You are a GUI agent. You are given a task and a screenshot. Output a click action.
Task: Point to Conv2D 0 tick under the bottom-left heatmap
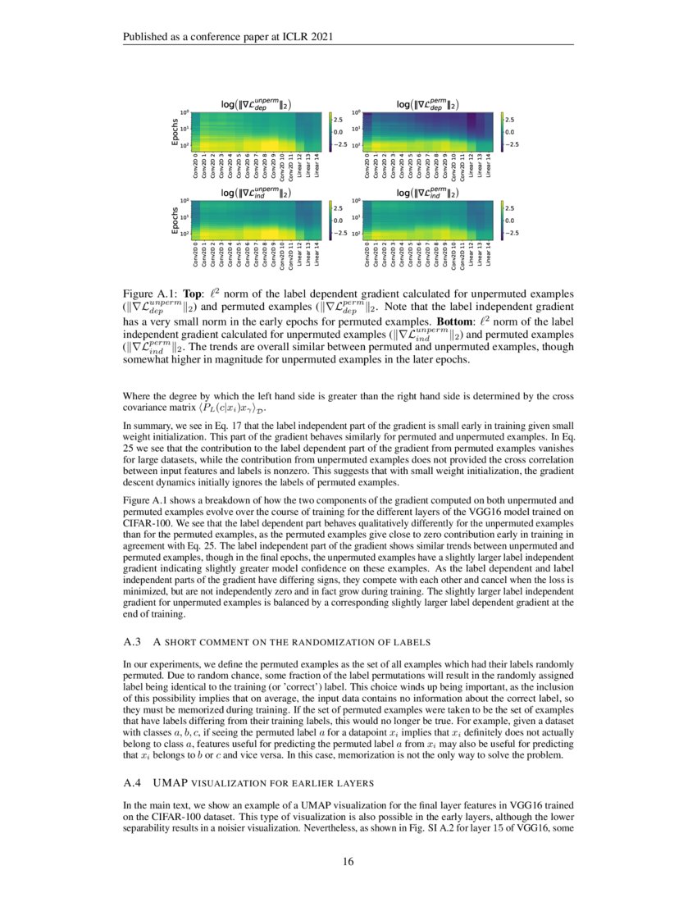pyautogui.click(x=196, y=254)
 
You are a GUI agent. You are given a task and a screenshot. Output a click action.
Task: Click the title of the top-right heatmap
pyautogui.click(x=427, y=104)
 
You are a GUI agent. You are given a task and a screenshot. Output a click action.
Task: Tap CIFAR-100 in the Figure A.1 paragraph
pyautogui.click(x=148, y=521)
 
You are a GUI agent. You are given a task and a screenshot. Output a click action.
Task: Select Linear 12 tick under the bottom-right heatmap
pyautogui.click(x=471, y=253)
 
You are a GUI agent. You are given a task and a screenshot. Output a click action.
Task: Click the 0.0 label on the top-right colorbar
pyautogui.click(x=508, y=131)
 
